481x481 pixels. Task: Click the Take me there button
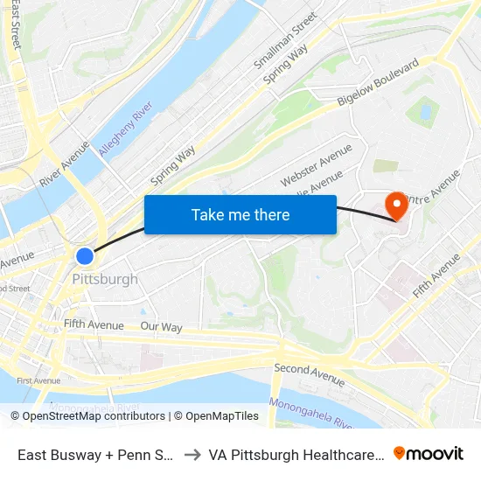pos(240,214)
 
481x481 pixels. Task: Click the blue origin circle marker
pos(85,255)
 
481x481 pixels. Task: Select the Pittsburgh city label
pos(105,280)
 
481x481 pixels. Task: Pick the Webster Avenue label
pos(316,164)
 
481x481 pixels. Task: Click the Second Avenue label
pos(310,374)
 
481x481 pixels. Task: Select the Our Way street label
pos(161,327)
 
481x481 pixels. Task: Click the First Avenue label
pos(38,380)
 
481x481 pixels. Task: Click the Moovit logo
pos(429,453)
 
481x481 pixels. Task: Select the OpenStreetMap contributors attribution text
pos(94,416)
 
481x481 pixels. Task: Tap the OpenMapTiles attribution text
pos(219,416)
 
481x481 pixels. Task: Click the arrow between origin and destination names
pos(191,454)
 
